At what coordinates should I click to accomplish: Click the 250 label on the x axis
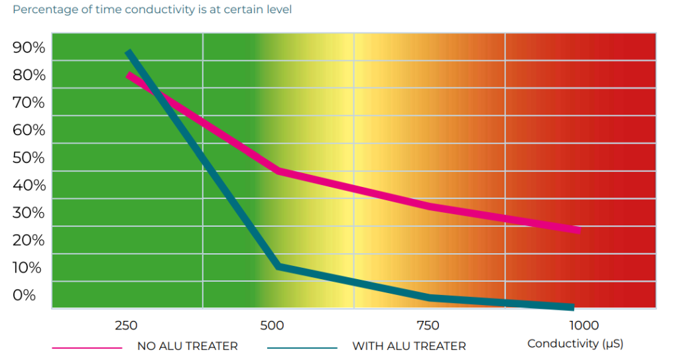click(126, 326)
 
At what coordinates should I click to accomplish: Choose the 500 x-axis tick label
click(272, 326)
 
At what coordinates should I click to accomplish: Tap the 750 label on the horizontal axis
click(428, 326)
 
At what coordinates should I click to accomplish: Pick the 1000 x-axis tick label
click(584, 326)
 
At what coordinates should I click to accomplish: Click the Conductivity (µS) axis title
click(575, 344)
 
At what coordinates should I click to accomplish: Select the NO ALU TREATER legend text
click(187, 346)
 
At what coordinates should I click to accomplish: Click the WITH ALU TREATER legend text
click(408, 346)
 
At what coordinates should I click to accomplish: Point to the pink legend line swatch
click(87, 347)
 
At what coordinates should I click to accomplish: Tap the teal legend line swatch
click(302, 347)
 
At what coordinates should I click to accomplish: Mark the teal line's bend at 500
click(279, 267)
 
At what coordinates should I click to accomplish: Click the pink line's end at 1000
click(578, 230)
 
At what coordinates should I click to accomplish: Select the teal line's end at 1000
click(571, 307)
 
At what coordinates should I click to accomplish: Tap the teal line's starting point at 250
click(129, 52)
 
